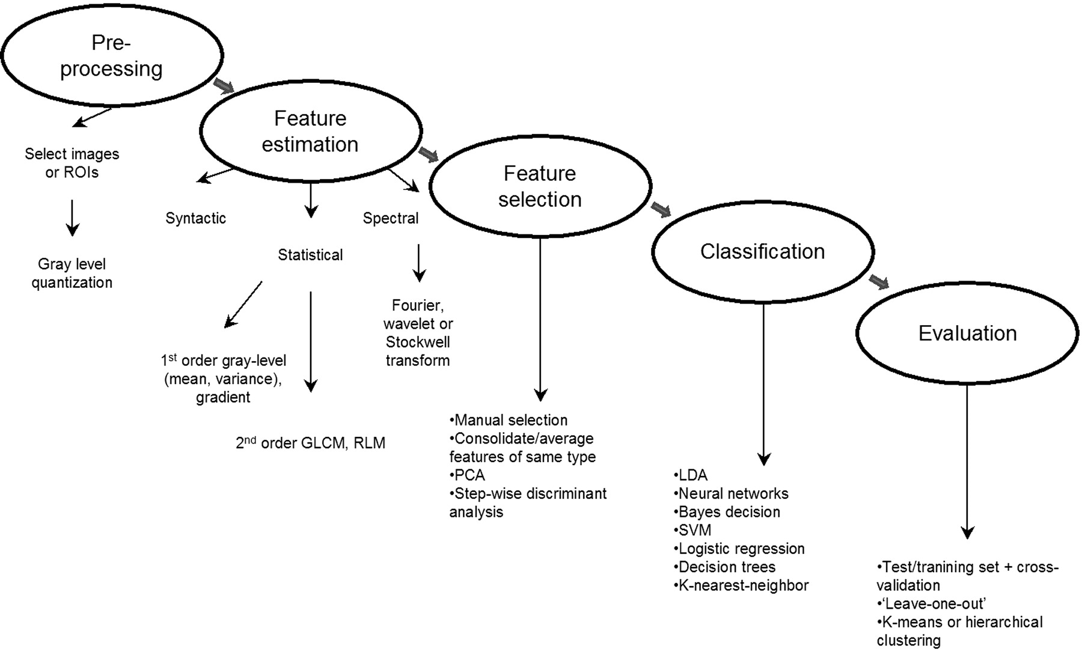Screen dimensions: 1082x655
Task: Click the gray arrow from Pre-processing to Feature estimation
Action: point(223,86)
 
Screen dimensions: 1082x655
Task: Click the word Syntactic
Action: point(196,218)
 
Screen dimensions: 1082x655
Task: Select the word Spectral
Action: point(391,218)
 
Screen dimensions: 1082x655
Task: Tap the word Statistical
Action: point(310,255)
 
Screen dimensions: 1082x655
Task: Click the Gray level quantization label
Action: point(72,273)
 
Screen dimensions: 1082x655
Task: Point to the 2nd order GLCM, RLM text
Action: point(310,442)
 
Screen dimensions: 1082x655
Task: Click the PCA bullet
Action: point(467,475)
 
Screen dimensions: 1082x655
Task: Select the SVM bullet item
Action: point(692,531)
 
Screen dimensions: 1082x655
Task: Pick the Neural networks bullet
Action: point(731,494)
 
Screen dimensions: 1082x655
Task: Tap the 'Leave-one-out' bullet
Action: point(931,604)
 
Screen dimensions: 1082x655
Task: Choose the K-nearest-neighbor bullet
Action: point(741,585)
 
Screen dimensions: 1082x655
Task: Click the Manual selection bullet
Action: point(509,420)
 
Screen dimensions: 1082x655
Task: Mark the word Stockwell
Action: point(418,343)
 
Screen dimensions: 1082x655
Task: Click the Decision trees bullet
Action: point(724,567)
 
